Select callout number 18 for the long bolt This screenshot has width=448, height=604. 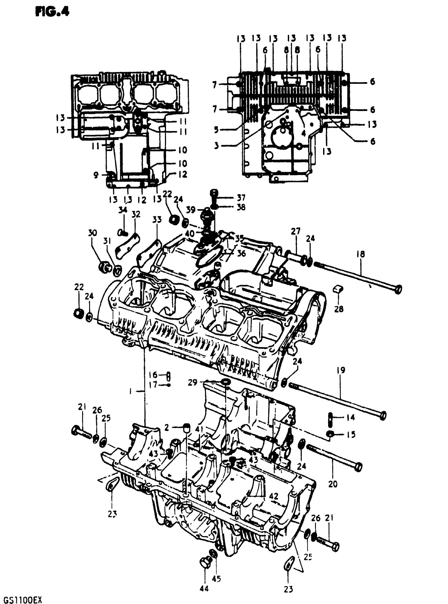pyautogui.click(x=361, y=254)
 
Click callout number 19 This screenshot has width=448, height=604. pyautogui.click(x=341, y=370)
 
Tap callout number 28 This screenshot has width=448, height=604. pyautogui.click(x=339, y=308)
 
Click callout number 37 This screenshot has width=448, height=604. pyautogui.click(x=241, y=197)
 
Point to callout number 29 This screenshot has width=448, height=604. pyautogui.click(x=193, y=383)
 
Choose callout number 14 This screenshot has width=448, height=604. pyautogui.click(x=350, y=417)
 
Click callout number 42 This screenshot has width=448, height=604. pyautogui.click(x=274, y=496)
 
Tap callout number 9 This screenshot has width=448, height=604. pyautogui.click(x=96, y=175)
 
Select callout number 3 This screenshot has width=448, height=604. pyautogui.click(x=216, y=146)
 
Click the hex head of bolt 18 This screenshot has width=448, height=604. pyautogui.click(x=398, y=289)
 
